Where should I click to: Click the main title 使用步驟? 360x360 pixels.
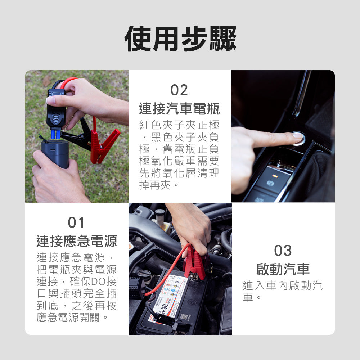pos(180,39)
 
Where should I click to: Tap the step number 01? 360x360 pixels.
pos(76,222)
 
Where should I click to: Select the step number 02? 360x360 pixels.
pos(179,90)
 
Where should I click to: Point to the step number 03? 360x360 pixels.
pos(283,250)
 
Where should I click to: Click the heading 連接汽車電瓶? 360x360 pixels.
pos(179,109)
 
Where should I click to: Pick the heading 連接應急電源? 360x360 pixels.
pos(77,241)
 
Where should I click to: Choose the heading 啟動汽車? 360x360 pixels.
pos(283,269)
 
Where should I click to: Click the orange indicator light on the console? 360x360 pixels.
pos(275,176)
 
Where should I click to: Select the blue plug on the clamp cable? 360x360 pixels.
pos(55,134)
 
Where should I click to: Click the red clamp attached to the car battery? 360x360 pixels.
pos(195,264)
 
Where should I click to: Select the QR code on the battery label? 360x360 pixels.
pos(184,316)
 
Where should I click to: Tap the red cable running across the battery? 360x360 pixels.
pos(166,273)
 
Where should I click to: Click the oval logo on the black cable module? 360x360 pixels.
pos(56,120)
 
